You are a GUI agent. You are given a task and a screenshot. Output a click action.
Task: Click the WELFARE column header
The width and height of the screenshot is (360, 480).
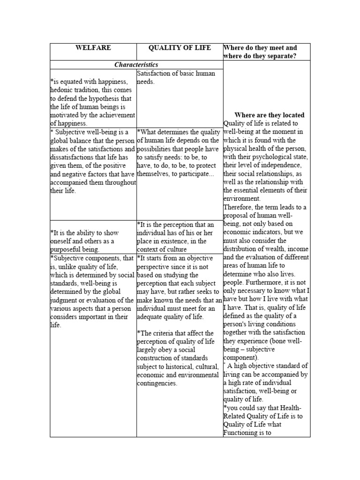point(93,48)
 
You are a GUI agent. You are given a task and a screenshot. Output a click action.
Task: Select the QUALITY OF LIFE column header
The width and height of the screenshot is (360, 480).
point(180,48)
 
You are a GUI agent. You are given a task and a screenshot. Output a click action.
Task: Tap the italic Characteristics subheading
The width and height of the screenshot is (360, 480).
point(136,65)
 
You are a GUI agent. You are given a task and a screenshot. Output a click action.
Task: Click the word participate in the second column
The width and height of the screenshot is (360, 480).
point(198,174)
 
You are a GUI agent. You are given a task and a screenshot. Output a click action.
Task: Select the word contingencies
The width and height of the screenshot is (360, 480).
point(157,383)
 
